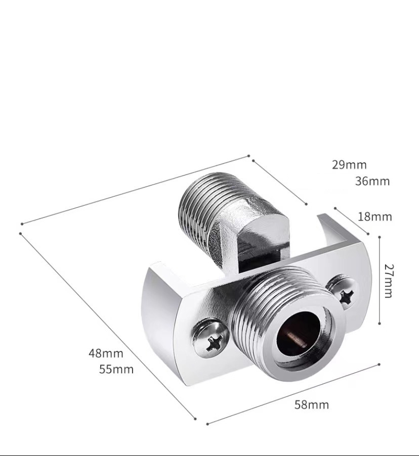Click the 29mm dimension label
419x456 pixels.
coord(349,164)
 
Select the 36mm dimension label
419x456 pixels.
coord(372,181)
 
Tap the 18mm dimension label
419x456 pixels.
coord(374,217)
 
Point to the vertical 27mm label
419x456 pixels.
coord(388,281)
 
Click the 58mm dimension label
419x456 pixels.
coord(312,404)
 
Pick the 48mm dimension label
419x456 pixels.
coord(106,353)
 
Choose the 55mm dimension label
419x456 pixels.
coord(116,369)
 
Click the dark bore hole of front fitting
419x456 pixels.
coord(299,334)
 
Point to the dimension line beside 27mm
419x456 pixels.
coord(380,281)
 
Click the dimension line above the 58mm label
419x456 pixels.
coord(294,394)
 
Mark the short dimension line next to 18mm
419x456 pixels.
coord(351,221)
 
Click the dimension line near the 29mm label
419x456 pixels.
coord(279,182)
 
